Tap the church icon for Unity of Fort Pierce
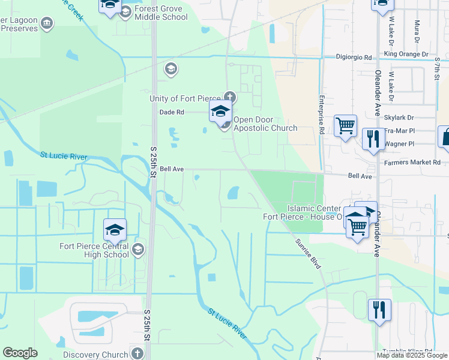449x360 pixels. pyautogui.click(x=229, y=97)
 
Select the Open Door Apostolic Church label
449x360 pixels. pyautogui.click(x=265, y=124)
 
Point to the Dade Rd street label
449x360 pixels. pyautogui.click(x=171, y=112)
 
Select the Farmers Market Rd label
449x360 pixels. pyautogui.click(x=412, y=162)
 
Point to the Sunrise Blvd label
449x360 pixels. pyautogui.click(x=308, y=254)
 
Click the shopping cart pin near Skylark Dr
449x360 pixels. pyautogui.click(x=345, y=127)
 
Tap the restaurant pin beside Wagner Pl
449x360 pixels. pyautogui.click(x=373, y=140)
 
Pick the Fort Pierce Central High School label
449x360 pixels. pyautogui.click(x=94, y=250)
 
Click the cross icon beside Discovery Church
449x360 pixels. pyautogui.click(x=137, y=354)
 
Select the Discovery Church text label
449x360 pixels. pyautogui.click(x=95, y=355)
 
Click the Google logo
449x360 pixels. pyautogui.click(x=20, y=353)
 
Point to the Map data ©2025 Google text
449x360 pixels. pyautogui.click(x=412, y=355)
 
